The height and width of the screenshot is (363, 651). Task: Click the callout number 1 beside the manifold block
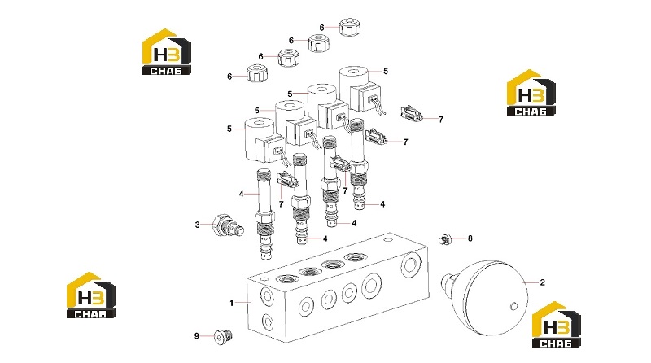click(232, 304)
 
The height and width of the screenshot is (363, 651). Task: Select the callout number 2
click(542, 282)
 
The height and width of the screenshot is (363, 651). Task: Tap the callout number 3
click(197, 225)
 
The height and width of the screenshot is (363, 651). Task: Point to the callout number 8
click(470, 238)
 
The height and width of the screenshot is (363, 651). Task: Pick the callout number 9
click(197, 335)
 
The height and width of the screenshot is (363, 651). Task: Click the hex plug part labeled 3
click(228, 225)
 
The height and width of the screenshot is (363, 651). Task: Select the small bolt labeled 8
click(444, 239)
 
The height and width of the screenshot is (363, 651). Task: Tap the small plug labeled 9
click(223, 336)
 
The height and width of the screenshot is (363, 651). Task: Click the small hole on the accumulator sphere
click(513, 307)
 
